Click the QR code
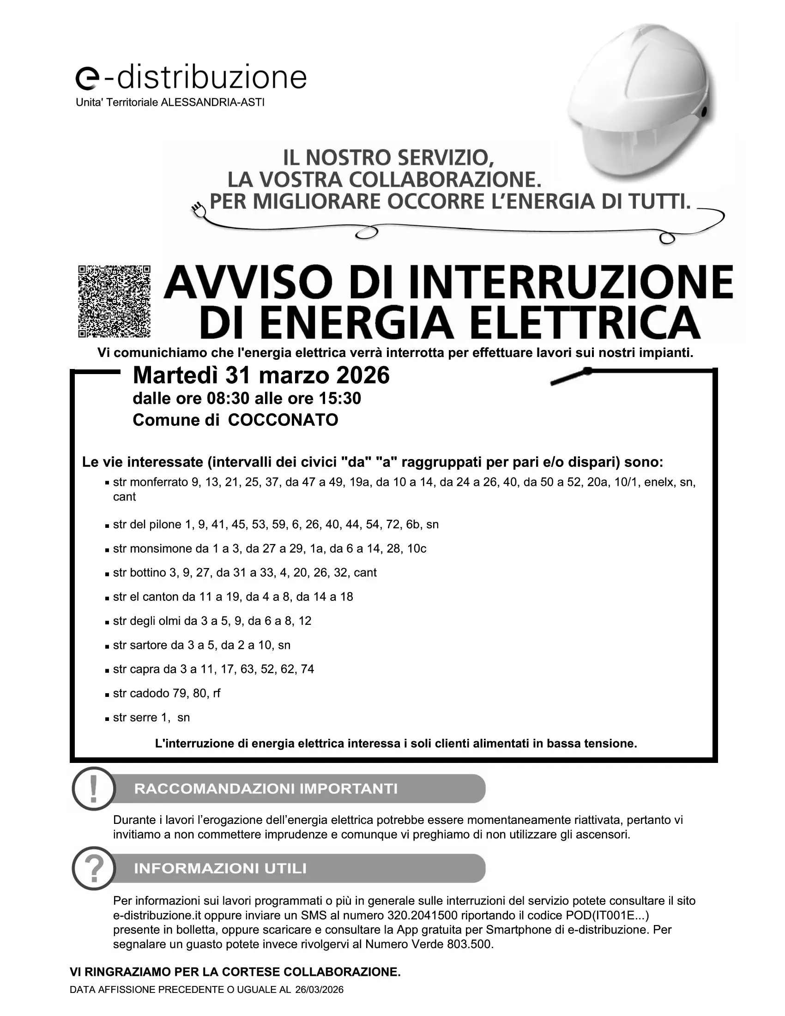pyautogui.click(x=114, y=301)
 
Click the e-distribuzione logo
pyautogui.click(x=191, y=77)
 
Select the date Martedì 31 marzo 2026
pyautogui.click(x=261, y=375)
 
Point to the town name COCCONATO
pyautogui.click(x=283, y=420)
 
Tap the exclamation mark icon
pyautogui.click(x=93, y=788)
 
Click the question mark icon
pyautogui.click(x=93, y=868)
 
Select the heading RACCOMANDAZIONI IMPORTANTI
pyautogui.click(x=266, y=789)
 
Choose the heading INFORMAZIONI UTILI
pyautogui.click(x=220, y=869)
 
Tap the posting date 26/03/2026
pyautogui.click(x=319, y=990)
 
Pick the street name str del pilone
pyautogui.click(x=147, y=524)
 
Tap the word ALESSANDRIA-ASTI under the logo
pyautogui.click(x=212, y=103)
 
